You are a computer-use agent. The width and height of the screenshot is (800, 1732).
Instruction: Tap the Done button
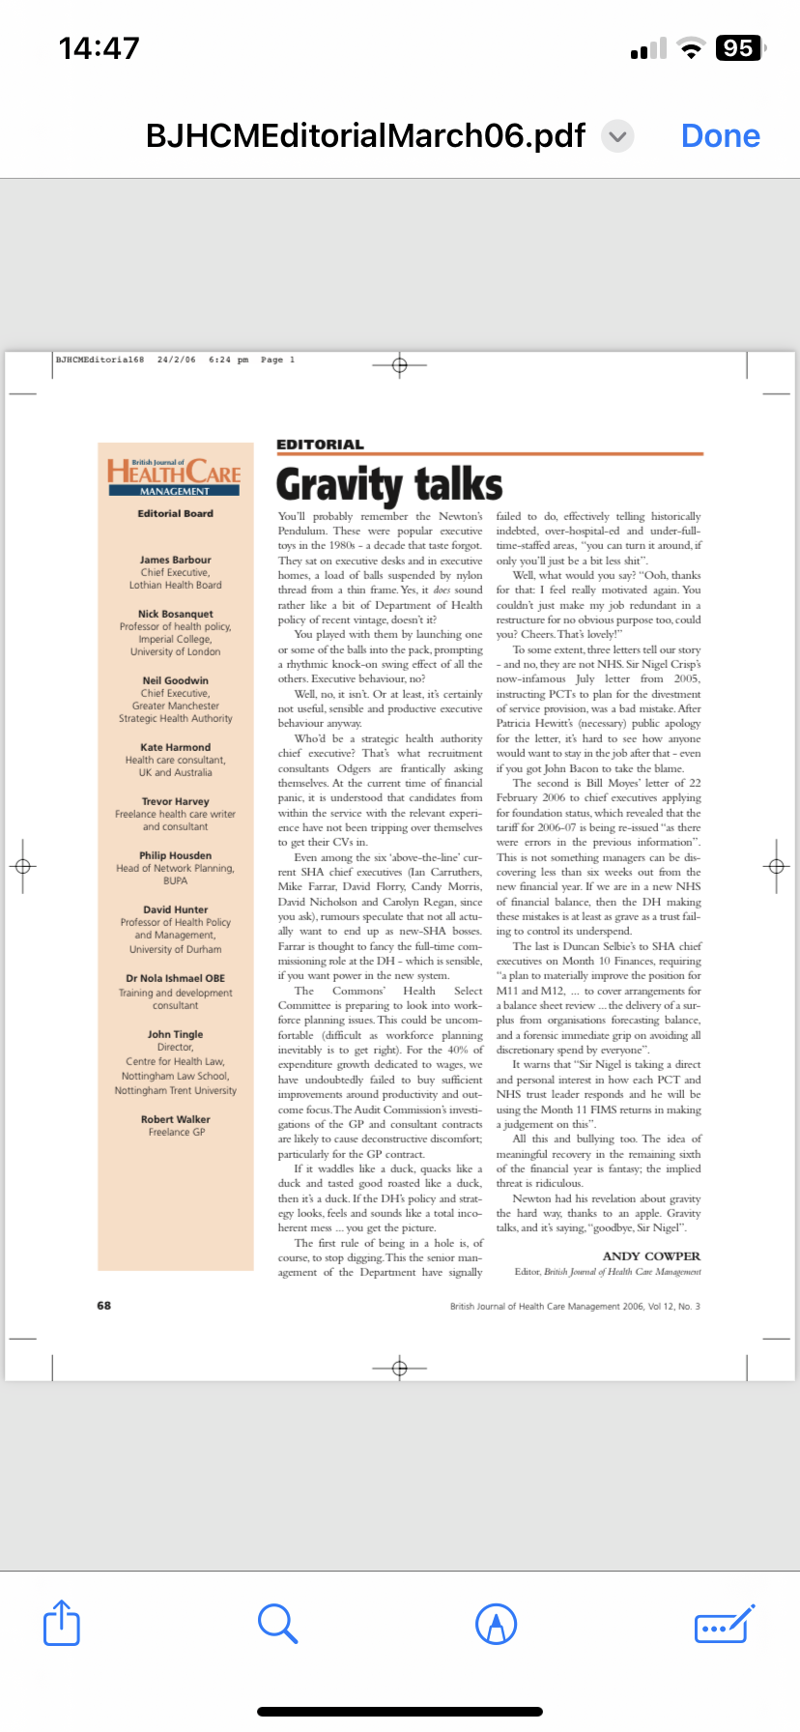click(x=720, y=136)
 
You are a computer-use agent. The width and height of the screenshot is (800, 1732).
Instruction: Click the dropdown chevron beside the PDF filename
click(x=618, y=136)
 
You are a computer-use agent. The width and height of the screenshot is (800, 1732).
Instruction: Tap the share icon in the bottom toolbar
click(x=62, y=1623)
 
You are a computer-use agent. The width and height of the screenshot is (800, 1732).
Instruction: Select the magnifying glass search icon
click(x=277, y=1623)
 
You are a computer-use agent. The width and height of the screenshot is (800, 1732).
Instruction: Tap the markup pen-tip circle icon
click(x=497, y=1623)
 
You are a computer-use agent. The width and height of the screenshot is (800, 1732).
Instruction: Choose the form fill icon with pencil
click(x=724, y=1623)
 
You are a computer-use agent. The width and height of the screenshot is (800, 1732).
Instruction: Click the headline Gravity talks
click(x=389, y=483)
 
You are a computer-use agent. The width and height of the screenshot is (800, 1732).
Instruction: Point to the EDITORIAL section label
click(x=320, y=445)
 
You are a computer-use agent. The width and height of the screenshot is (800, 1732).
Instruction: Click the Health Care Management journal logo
click(x=175, y=476)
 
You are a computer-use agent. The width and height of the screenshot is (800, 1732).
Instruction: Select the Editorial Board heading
click(x=175, y=513)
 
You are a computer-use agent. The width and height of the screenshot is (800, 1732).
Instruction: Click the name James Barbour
click(x=175, y=560)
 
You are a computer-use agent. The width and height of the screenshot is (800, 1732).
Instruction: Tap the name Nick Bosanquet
click(x=175, y=614)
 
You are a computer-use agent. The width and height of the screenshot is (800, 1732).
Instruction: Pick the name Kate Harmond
click(x=175, y=747)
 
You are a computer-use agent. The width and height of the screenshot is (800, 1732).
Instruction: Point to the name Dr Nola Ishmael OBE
click(x=175, y=978)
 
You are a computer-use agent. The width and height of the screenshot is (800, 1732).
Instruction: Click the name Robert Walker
click(x=175, y=1119)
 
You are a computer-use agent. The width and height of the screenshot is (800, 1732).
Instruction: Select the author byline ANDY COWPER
click(x=651, y=1256)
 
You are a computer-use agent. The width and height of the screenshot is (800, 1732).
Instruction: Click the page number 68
click(x=103, y=1306)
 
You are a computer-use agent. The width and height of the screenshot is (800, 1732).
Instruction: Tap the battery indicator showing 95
click(x=739, y=48)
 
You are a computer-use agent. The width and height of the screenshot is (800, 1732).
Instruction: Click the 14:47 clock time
click(x=99, y=48)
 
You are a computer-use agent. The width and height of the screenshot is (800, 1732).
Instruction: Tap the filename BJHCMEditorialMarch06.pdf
click(x=365, y=136)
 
